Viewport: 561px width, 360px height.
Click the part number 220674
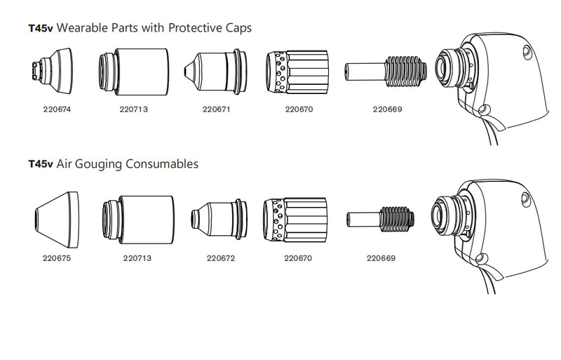57,109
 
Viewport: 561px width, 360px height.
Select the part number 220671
217,109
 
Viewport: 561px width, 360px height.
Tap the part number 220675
57,258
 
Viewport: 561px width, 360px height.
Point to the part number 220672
221,258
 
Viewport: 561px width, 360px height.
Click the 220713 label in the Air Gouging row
137,258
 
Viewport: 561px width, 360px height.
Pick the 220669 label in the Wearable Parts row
388,109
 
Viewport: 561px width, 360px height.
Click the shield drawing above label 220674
52,71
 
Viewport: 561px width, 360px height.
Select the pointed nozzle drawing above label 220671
215,72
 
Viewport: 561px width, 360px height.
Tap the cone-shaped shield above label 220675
57,220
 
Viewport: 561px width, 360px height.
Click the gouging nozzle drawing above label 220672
219,219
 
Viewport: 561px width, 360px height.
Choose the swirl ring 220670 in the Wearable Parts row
297,72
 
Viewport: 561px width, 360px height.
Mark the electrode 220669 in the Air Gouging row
380,219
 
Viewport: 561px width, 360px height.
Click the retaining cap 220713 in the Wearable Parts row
134,72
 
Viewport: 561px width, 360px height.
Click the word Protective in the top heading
196,27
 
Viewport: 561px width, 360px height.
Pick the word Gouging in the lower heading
98,164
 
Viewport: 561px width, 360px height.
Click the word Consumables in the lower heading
162,164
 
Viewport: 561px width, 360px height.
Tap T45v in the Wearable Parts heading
41,28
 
